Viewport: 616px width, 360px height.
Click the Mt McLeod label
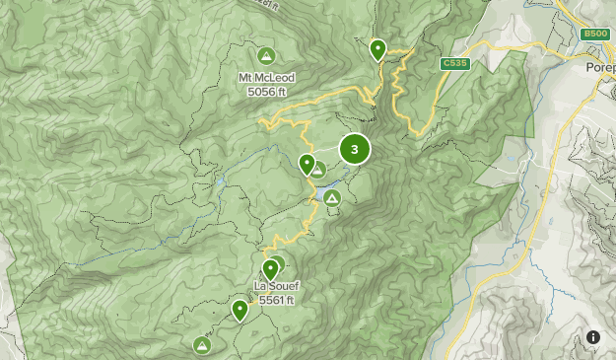pos(266,78)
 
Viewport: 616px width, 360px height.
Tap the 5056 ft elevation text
pos(266,92)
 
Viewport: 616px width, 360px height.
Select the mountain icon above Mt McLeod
pos(266,56)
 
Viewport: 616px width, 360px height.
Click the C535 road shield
pos(454,63)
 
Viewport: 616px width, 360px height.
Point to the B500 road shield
pos(594,34)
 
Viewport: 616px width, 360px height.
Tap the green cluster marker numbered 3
pos(355,149)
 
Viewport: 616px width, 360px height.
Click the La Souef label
pos(275,286)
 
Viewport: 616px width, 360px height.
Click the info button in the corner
pos(593,337)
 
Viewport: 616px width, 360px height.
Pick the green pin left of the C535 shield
pos(377,48)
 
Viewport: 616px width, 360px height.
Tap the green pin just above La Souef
pos(270,268)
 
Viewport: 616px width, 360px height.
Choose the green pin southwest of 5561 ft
pos(240,310)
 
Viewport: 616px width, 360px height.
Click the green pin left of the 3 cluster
pos(307,163)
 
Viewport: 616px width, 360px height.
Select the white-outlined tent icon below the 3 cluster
pos(332,198)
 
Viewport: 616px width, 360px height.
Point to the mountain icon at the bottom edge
pos(202,344)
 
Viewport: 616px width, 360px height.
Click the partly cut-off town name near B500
pos(600,67)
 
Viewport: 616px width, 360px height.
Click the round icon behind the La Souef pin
pos(278,263)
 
